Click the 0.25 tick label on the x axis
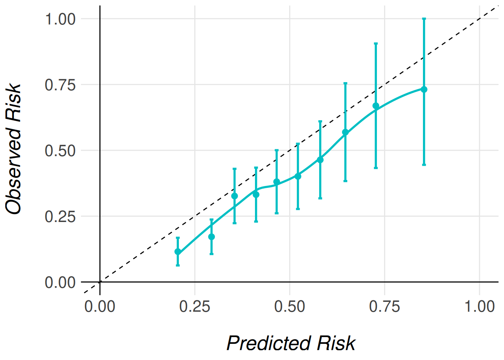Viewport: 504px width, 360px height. click(195, 307)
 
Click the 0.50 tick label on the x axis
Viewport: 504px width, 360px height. click(289, 307)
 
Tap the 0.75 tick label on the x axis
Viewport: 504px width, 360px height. click(384, 307)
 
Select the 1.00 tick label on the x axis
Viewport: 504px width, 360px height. click(480, 307)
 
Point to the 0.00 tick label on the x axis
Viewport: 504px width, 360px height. click(100, 307)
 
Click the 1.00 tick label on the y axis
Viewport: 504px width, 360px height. click(60, 19)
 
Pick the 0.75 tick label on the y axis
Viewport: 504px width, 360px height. click(60, 85)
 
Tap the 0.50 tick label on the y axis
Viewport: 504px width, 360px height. click(60, 151)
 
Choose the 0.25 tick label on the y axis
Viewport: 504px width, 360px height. click(60, 216)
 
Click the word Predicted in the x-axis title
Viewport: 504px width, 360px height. click(268, 343)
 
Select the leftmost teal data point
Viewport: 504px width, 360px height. click(178, 252)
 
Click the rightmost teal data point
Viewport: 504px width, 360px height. click(424, 89)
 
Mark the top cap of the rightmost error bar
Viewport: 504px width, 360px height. click(424, 18)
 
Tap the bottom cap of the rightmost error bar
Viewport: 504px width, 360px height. click(424, 165)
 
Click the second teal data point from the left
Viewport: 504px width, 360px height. click(211, 237)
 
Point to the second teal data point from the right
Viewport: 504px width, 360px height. click(376, 106)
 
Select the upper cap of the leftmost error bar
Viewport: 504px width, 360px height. click(178, 237)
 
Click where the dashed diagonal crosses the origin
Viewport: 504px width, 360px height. click(100, 282)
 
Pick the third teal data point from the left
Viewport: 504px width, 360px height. click(235, 196)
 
